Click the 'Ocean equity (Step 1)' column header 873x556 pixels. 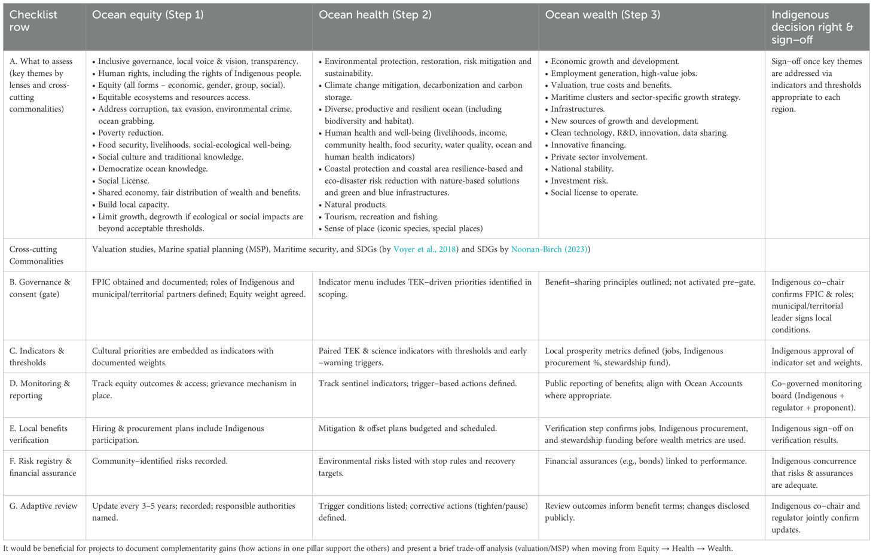(148, 15)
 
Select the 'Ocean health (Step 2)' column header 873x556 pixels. (375, 15)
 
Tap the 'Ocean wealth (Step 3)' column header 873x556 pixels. (603, 15)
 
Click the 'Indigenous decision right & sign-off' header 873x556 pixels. (812, 28)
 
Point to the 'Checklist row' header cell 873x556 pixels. (33, 21)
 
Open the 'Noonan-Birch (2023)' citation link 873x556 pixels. (549, 249)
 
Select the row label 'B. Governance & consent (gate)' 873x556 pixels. (39, 288)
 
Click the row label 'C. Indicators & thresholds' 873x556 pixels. (36, 357)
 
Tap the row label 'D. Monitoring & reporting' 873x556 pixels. (39, 390)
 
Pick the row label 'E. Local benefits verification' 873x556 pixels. (38, 435)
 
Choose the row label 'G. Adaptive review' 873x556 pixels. (43, 506)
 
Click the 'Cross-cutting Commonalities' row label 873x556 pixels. (36, 255)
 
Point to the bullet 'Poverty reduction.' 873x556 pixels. (130, 133)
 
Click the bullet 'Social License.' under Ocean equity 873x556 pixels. (123, 181)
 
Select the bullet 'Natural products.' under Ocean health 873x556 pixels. (355, 204)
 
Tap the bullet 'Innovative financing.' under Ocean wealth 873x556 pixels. (588, 145)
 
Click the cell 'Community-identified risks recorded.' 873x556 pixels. (160, 462)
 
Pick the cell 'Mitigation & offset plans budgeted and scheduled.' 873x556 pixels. (407, 429)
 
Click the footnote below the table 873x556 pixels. (368, 548)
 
